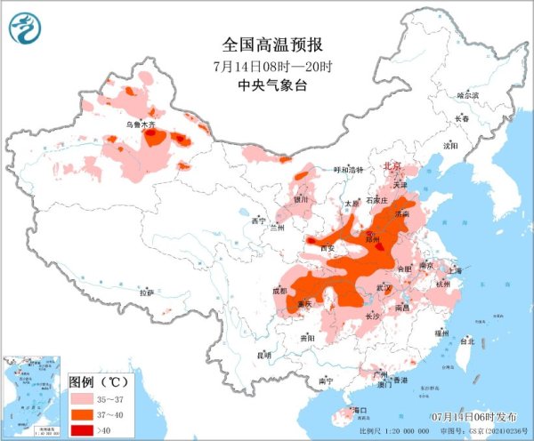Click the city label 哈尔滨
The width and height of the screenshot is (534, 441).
coord(468,95)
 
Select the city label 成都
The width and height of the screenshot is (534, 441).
coord(282,291)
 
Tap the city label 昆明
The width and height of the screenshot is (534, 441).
coord(263,355)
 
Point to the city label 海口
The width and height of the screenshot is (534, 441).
coord(360,410)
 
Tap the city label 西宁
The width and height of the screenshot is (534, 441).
coord(259,220)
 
